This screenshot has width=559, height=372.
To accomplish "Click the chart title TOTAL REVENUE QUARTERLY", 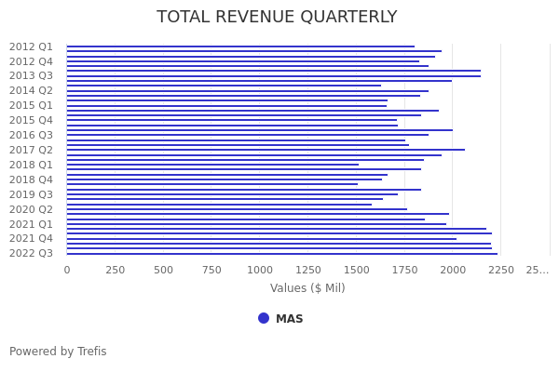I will point(277,18).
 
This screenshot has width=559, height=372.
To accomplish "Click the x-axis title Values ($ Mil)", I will point(307,288).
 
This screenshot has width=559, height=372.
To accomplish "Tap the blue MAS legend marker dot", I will point(264,318).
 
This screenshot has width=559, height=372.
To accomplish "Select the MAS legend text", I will point(289,319).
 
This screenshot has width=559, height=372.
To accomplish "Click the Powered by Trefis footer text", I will point(58,352).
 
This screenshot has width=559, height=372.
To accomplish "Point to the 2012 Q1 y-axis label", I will point(31,46).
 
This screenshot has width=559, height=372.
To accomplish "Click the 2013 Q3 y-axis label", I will point(31,76).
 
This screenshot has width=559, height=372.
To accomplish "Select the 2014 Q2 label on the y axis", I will point(31,91).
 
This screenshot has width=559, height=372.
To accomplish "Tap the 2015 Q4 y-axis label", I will point(31,121).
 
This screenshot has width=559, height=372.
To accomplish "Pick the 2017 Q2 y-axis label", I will point(31,151).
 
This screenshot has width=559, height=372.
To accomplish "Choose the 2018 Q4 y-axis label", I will point(31,180).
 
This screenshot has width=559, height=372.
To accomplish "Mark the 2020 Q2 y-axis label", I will point(31,210).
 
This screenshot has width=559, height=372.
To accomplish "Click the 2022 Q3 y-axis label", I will point(31,253).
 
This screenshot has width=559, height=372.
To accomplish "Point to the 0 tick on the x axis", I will point(66,270).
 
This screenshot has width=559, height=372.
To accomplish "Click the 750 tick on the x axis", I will point(211,270).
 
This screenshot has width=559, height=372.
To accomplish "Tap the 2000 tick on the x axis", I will point(454,270).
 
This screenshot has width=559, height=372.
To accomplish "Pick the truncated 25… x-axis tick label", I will point(538,270).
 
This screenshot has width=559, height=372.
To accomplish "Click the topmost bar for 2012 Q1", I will point(240,46).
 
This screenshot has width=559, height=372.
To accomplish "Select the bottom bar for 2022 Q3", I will point(281,253).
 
